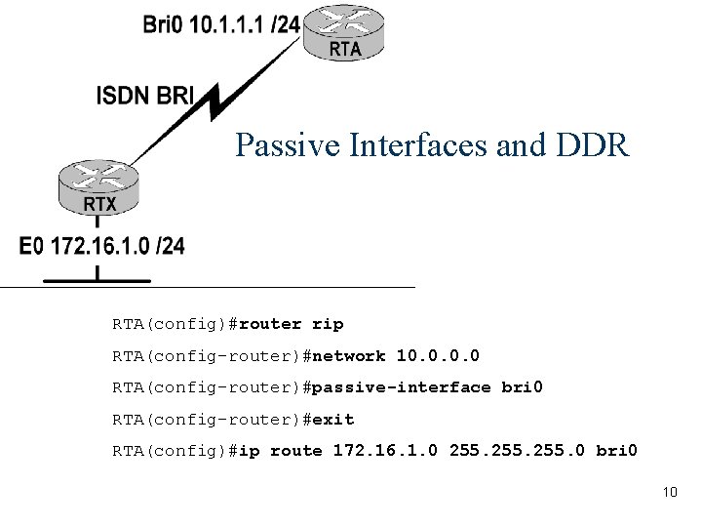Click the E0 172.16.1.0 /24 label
(100, 246)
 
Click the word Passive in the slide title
(277, 146)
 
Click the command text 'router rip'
(291, 323)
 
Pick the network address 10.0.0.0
(438, 355)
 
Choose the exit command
(334, 420)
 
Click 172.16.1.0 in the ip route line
(386, 451)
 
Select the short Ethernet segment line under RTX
(97, 280)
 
